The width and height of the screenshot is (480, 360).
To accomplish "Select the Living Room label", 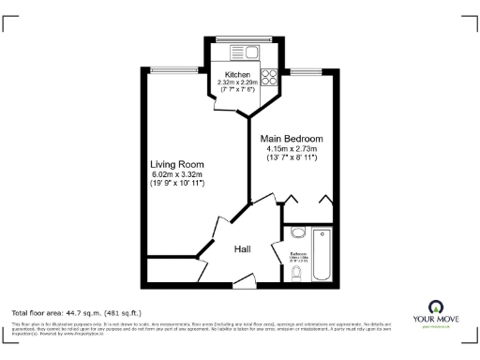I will point(177,165).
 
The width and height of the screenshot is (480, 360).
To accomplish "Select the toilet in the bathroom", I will point(296,273).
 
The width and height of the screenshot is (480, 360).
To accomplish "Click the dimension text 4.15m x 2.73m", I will point(292,149).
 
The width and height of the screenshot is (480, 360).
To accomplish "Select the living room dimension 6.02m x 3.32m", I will point(177,174).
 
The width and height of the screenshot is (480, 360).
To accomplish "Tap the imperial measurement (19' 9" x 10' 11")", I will point(177,184).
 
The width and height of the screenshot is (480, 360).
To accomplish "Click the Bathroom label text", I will point(298,253).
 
